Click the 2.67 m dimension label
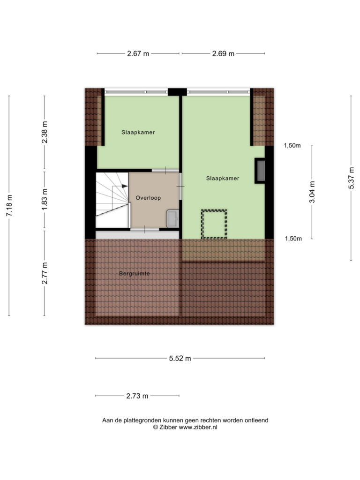pyautogui.click(x=138, y=53)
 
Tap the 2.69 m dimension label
pyautogui.click(x=223, y=53)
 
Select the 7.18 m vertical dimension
pyautogui.click(x=9, y=205)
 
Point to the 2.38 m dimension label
pyautogui.click(x=45, y=132)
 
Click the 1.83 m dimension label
pyautogui.click(x=45, y=199)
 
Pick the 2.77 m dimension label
pyautogui.click(x=45, y=273)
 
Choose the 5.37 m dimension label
pyautogui.click(x=351, y=178)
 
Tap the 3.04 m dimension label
pyautogui.click(x=312, y=192)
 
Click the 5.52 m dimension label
pyautogui.click(x=180, y=358)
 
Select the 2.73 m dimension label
pyautogui.click(x=137, y=396)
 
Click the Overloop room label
pyautogui.click(x=148, y=198)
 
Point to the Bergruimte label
pyautogui.click(x=135, y=273)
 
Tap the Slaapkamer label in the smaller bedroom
pyautogui.click(x=138, y=132)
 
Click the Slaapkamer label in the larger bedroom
pyautogui.click(x=223, y=178)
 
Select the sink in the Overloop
pyautogui.click(x=172, y=218)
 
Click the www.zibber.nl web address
pyautogui.click(x=198, y=427)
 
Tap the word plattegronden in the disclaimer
pyautogui.click(x=142, y=420)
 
